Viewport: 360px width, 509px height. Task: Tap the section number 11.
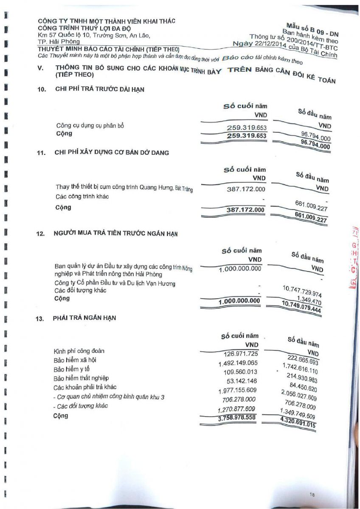click(41, 154)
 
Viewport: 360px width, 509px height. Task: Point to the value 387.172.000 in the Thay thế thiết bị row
click(246, 189)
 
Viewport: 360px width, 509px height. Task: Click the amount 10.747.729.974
click(302, 291)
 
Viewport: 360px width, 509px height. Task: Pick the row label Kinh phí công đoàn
click(79, 351)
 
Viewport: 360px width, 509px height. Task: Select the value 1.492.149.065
click(238, 364)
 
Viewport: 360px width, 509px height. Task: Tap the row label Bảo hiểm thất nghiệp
click(82, 378)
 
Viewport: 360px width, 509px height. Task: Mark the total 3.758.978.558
click(236, 417)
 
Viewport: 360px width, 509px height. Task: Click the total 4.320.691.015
click(298, 423)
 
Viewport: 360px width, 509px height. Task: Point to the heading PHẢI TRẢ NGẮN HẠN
click(85, 318)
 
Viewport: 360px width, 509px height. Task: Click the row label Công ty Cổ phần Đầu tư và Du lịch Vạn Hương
click(115, 283)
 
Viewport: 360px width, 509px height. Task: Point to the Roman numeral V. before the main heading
click(41, 68)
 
